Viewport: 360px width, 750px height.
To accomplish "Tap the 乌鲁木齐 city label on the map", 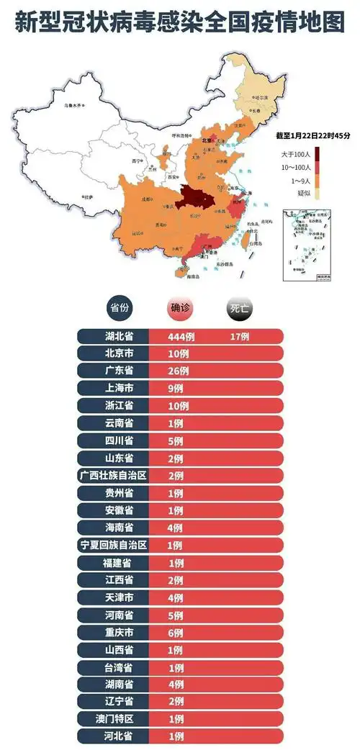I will point(74,106).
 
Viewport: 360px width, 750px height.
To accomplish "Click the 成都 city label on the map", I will point(146,199).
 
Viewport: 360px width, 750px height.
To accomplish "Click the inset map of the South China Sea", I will point(307,244).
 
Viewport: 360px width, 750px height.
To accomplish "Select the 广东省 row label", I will point(114,371).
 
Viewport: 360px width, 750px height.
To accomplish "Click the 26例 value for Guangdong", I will point(179,371).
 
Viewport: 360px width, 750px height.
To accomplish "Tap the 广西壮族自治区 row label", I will point(114,475).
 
